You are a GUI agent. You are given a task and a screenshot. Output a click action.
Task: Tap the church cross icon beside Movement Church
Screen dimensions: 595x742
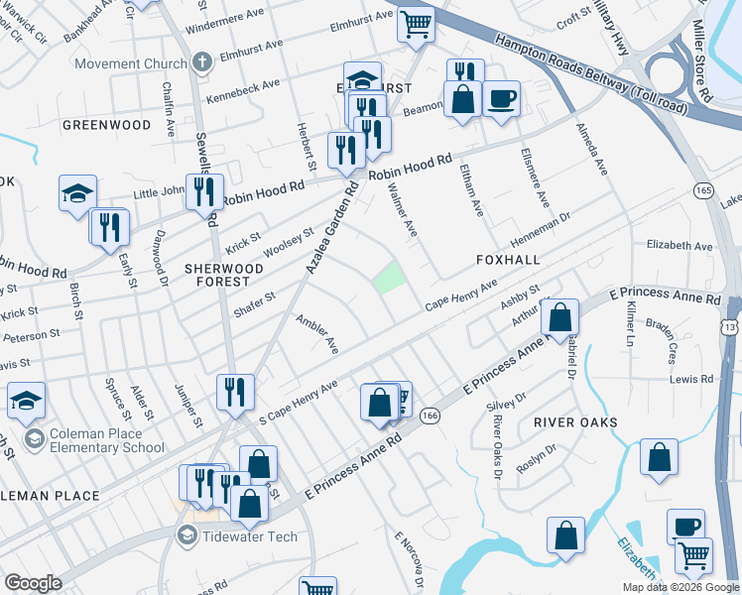[x=202, y=63]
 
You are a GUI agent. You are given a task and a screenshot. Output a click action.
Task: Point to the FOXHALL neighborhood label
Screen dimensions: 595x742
[x=507, y=259]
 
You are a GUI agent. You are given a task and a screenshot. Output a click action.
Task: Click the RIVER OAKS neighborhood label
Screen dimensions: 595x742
[x=575, y=421]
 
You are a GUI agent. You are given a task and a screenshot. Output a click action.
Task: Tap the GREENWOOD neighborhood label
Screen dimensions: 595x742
[x=106, y=125]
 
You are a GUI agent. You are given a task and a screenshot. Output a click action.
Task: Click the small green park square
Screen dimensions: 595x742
[x=390, y=278]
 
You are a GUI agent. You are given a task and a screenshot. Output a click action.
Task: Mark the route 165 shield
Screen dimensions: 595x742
[x=704, y=190]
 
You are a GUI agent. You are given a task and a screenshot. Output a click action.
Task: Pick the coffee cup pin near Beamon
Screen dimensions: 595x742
[x=502, y=99]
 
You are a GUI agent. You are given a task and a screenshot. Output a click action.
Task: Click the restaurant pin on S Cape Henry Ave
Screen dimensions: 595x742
[x=237, y=392]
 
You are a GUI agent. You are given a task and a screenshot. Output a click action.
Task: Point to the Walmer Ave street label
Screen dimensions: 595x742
[x=402, y=209]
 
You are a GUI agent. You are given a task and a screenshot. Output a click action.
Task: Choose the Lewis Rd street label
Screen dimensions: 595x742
[x=690, y=379]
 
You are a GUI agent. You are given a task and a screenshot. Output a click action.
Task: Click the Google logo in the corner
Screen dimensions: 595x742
[x=33, y=583]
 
